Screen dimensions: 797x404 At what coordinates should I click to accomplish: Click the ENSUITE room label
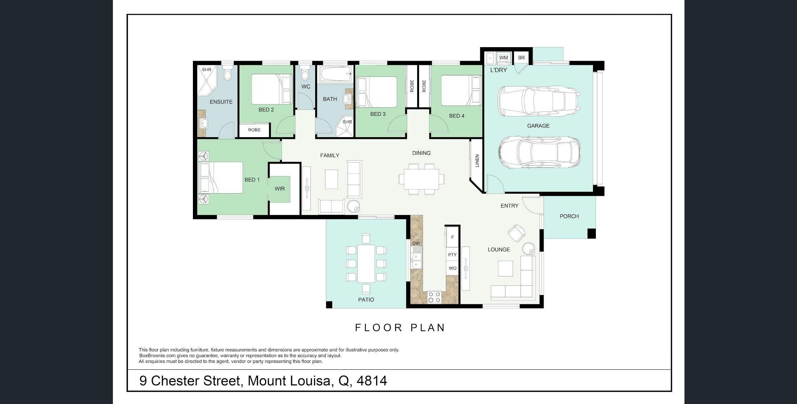(x=221, y=102)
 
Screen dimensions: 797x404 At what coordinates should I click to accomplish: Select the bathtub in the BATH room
(x=336, y=74)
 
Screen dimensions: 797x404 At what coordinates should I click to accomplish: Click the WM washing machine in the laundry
(x=503, y=58)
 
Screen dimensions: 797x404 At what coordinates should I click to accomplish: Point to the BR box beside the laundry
(x=521, y=58)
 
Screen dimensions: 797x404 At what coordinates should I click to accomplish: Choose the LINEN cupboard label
(x=477, y=161)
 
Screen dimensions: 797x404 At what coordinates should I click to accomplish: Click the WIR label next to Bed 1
(x=279, y=189)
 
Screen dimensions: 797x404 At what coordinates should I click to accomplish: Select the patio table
(x=366, y=264)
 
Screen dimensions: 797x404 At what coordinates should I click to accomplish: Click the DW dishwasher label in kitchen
(x=416, y=243)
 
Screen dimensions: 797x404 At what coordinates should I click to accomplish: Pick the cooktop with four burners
(x=434, y=297)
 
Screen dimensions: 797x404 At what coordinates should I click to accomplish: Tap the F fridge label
(x=452, y=237)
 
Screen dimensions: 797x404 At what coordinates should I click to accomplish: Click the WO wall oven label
(x=452, y=268)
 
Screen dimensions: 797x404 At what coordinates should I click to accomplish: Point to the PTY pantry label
(x=452, y=255)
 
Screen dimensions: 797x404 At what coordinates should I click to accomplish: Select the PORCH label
(x=569, y=216)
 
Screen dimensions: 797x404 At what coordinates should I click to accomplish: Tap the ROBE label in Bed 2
(x=254, y=130)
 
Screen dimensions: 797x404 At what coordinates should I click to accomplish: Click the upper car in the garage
(x=539, y=101)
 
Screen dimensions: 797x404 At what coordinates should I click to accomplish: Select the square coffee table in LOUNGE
(x=505, y=269)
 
